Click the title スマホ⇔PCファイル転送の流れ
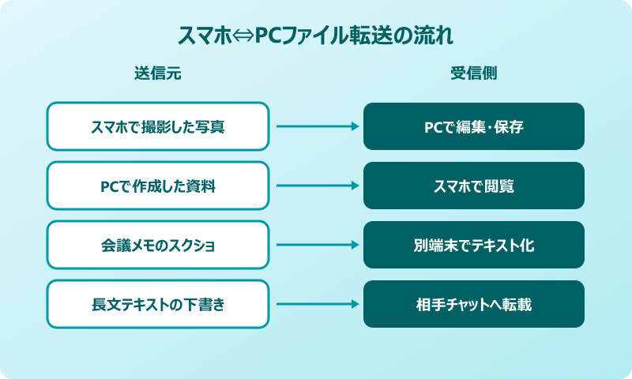[316, 37]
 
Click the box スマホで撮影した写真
[158, 126]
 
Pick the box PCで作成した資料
[158, 186]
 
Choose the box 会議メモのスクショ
[158, 245]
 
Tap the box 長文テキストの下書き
[158, 304]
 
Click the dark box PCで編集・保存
[474, 126]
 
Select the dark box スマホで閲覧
[474, 186]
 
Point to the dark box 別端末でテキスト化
[474, 245]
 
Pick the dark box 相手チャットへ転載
[474, 304]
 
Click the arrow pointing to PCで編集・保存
[316, 126]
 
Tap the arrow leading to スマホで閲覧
[316, 186]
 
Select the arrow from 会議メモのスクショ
[316, 245]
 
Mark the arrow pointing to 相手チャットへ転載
[316, 304]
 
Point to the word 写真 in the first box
[212, 126]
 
